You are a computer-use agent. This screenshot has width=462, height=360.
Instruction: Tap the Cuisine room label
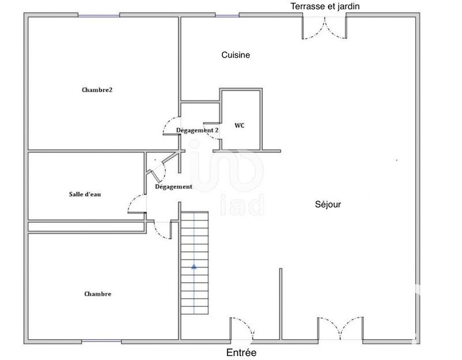[x=236, y=55]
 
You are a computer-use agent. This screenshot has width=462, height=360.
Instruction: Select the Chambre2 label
[x=96, y=89]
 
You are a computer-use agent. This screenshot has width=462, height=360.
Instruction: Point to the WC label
[x=239, y=125]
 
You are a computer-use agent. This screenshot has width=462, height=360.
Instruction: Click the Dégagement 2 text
[x=198, y=130]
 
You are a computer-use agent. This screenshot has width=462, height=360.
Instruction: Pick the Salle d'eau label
[x=85, y=194]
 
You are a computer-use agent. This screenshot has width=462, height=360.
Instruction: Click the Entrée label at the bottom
[x=241, y=352]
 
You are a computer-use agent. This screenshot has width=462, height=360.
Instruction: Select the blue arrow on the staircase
[x=194, y=267]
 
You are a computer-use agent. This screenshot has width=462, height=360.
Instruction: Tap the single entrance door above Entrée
[x=242, y=330]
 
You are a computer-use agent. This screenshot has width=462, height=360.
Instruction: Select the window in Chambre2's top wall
[x=99, y=16]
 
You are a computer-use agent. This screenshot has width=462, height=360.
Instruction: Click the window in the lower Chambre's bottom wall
[x=102, y=340]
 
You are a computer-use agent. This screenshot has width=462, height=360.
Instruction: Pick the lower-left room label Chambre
[x=98, y=294]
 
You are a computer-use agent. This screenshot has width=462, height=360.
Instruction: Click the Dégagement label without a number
[x=174, y=187]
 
